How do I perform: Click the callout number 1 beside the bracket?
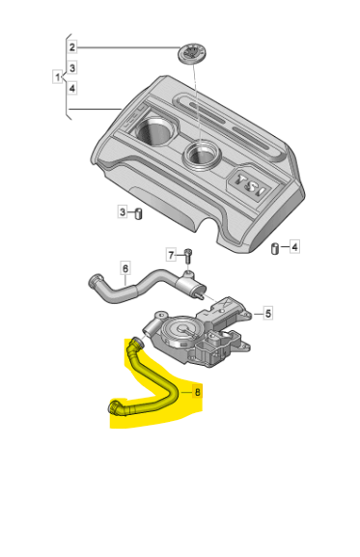58,76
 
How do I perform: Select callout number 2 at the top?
72,47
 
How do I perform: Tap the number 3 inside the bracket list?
72,68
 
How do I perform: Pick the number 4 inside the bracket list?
72,88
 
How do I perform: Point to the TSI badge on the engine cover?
250,185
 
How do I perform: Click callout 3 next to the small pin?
123,212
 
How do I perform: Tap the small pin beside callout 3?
138,214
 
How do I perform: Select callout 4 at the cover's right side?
294,246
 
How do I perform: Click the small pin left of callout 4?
275,249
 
